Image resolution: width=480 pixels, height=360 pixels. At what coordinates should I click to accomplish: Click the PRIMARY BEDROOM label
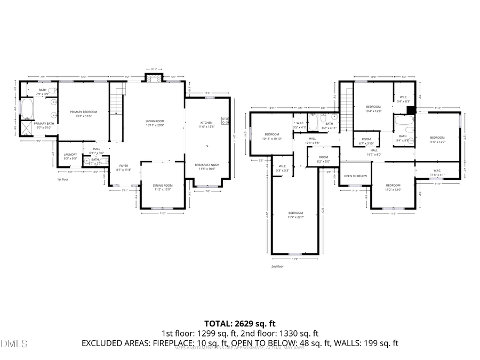83,112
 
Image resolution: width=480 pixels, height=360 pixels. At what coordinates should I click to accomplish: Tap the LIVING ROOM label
155,121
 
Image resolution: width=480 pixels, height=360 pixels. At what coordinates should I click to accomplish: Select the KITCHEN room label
205,123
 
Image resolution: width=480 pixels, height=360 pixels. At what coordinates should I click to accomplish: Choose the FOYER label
123,166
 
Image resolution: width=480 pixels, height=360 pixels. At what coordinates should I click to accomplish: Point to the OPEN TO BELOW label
355,176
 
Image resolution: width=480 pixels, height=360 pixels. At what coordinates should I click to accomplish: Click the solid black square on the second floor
411,110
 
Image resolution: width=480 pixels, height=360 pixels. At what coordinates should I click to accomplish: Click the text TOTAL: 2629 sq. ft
239,323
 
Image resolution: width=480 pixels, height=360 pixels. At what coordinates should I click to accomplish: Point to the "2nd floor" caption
277,266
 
